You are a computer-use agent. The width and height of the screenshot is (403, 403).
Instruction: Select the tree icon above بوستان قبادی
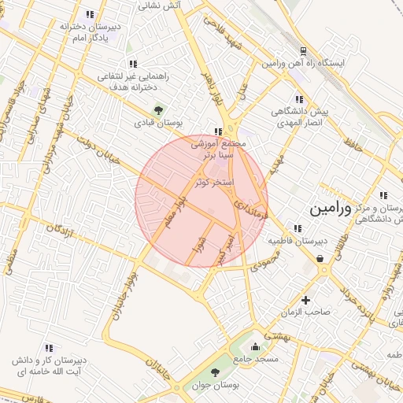click(158, 110)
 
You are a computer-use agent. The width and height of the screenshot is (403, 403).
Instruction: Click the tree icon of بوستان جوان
click(216, 372)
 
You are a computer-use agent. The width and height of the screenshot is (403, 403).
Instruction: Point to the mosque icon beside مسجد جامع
click(254, 346)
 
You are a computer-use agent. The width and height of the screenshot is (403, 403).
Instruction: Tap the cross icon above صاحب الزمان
click(306, 300)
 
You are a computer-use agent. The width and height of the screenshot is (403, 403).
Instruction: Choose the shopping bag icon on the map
click(320, 257)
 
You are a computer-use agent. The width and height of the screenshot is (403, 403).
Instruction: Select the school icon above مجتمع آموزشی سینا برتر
click(218, 131)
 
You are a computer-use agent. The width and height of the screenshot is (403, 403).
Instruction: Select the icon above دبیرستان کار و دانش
click(49, 347)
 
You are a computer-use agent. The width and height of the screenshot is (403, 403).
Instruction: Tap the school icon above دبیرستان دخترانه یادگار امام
click(90, 14)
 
